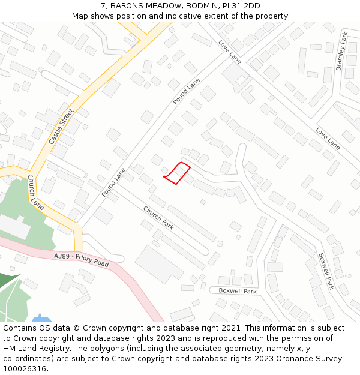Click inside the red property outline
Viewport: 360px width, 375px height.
(x=177, y=173)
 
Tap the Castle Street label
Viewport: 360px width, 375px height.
(x=61, y=126)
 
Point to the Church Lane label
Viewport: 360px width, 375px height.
(x=35, y=192)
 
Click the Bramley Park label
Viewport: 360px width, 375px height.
(x=341, y=52)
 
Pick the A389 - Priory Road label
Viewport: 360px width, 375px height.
(x=81, y=260)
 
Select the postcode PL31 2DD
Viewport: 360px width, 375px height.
(x=242, y=6)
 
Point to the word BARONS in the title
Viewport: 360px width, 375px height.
(x=126, y=6)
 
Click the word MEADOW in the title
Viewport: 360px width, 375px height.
(x=161, y=6)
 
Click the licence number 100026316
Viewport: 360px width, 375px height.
(x=24, y=368)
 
